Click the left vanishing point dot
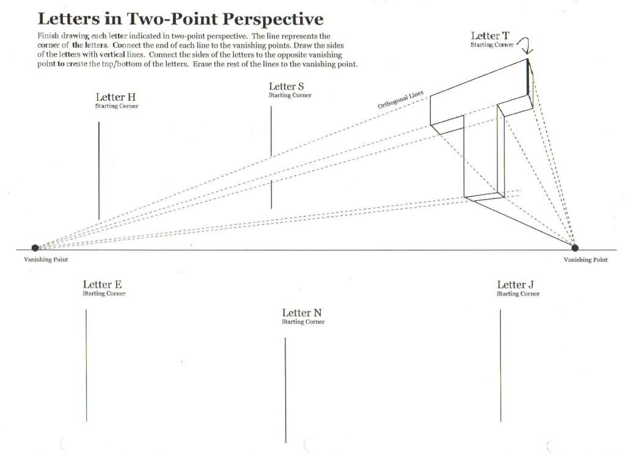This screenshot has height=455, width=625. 35,248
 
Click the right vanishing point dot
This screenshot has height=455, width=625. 575,248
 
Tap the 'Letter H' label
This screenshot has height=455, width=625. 115,97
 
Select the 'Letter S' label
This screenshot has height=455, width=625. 286,86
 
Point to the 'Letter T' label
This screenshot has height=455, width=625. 490,36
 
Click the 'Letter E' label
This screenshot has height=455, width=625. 103,285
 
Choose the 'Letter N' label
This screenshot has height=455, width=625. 302,313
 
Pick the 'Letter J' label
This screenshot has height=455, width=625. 515,285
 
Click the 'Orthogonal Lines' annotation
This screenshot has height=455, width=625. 401,100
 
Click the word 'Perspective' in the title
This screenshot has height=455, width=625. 272,19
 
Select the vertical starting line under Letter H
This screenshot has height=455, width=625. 99,171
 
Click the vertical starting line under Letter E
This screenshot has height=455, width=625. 86,365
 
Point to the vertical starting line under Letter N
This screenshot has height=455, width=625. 285,390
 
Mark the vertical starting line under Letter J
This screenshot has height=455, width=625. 500,366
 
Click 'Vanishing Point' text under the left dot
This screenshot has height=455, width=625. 46,260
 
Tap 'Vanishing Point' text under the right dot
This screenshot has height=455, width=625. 585,260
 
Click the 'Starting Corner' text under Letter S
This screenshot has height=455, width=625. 290,95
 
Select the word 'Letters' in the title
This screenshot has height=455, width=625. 68,19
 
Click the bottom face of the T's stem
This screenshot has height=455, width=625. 484,197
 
